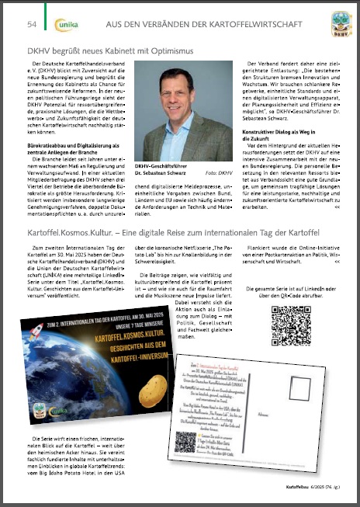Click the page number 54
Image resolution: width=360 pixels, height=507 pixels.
tap(31, 24)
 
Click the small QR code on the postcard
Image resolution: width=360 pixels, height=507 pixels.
tap(185, 441)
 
